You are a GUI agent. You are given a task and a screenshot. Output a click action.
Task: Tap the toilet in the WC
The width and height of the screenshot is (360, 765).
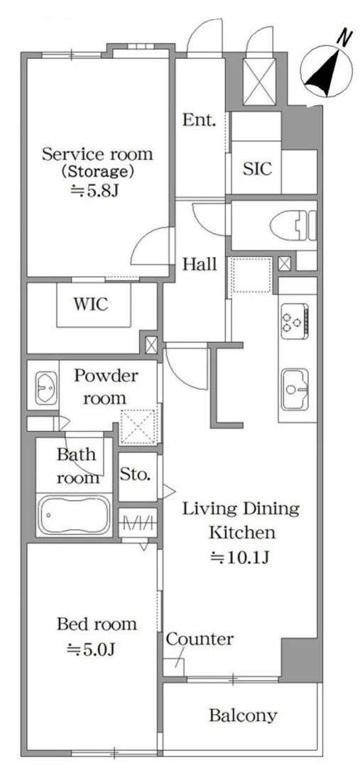293,226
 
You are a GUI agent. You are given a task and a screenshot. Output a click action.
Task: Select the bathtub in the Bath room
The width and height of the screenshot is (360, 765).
74,515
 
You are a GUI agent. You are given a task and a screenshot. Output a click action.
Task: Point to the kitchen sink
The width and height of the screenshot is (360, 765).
295,389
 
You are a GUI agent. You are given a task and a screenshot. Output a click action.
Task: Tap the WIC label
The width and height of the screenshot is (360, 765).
91,305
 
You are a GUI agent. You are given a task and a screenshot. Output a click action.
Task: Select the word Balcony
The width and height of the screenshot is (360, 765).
243,716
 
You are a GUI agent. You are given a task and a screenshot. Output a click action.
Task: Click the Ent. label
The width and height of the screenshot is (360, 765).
199,120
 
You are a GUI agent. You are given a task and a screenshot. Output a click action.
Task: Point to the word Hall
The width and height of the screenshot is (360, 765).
200,264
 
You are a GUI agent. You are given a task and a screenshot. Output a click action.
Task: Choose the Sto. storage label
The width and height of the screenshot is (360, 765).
135,474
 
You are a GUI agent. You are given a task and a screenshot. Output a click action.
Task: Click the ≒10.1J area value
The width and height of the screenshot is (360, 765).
239,557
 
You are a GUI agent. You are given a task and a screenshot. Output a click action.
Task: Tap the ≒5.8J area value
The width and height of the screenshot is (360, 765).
94,190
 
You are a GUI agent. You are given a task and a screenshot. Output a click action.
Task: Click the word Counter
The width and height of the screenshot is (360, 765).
200,639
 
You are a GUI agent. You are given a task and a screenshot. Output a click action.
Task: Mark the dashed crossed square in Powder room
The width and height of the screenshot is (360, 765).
139,427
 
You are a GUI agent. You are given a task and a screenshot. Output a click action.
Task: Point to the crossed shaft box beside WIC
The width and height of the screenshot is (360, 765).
151,345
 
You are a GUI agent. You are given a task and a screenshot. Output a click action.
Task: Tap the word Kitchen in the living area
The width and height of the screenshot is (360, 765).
242,532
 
